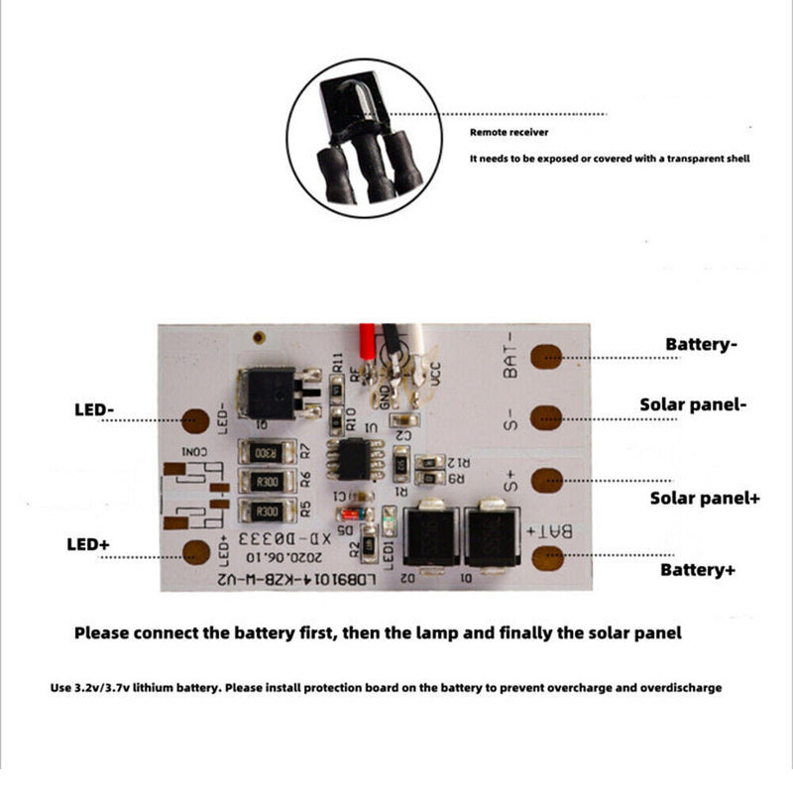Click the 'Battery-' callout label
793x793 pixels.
(702, 344)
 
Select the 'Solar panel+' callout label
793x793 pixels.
(705, 497)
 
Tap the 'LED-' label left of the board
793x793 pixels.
(96, 408)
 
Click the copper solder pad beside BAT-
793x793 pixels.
(546, 356)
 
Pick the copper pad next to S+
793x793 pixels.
(546, 481)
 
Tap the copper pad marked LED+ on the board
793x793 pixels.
(197, 553)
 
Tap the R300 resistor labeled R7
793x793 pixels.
(266, 453)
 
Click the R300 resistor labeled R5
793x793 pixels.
(266, 511)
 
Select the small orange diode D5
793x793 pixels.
(352, 514)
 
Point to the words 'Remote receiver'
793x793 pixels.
(509, 132)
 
